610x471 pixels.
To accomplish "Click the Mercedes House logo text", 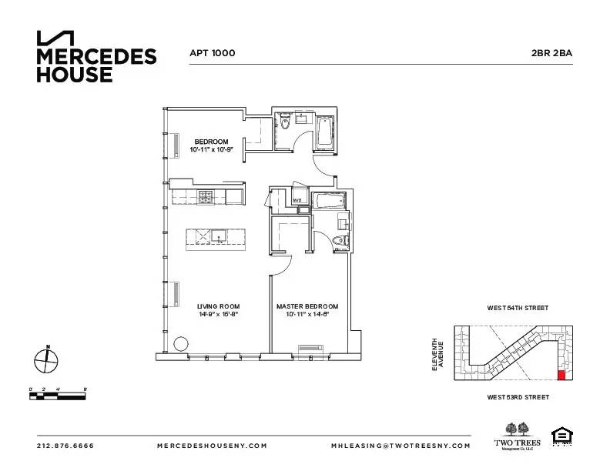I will pyautogui.click(x=96, y=65).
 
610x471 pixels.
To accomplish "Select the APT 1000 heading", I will pyautogui.click(x=212, y=53).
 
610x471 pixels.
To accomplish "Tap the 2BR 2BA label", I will pyautogui.click(x=551, y=53).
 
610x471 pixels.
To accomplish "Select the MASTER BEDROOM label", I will pyautogui.click(x=307, y=306).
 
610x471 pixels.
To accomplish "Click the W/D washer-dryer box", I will pyautogui.click(x=297, y=200).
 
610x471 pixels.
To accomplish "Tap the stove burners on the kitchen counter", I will pyautogui.click(x=206, y=198).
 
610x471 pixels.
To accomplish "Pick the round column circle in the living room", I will pyautogui.click(x=181, y=344).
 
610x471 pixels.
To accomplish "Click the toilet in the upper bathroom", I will pyautogui.click(x=285, y=122).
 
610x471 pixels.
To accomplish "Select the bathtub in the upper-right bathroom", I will pyautogui.click(x=325, y=132).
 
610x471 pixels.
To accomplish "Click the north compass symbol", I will pyautogui.click(x=46, y=359).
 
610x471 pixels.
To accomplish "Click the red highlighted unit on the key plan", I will pyautogui.click(x=561, y=375).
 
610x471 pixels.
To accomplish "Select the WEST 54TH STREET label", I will pyautogui.click(x=518, y=308).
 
